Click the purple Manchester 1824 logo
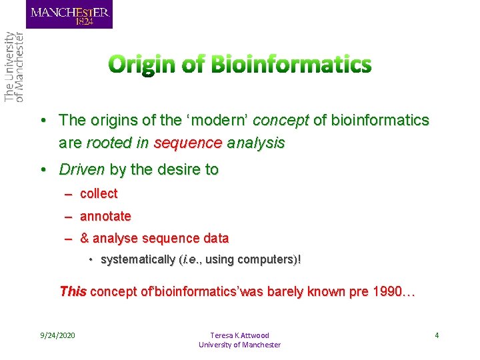[69, 14]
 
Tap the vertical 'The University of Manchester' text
[14, 67]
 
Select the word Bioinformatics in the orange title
[291, 65]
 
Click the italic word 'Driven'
[82, 170]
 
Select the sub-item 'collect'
[99, 194]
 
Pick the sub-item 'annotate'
[105, 217]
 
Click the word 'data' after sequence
[215, 239]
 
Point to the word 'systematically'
[138, 259]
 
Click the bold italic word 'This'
[73, 291]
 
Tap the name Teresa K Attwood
[239, 335]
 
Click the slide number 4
[437, 335]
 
